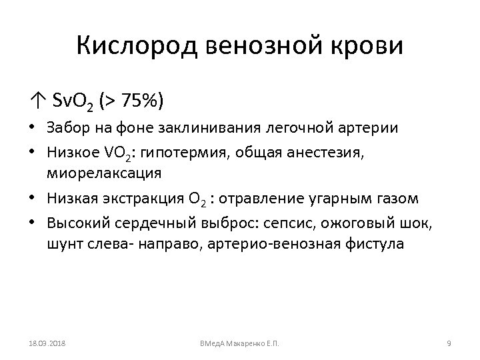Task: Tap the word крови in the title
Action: [x=363, y=47]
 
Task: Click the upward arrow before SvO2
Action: [x=35, y=102]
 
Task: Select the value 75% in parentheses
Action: [x=141, y=102]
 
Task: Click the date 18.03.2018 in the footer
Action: [x=47, y=343]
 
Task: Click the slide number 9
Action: [x=449, y=343]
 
